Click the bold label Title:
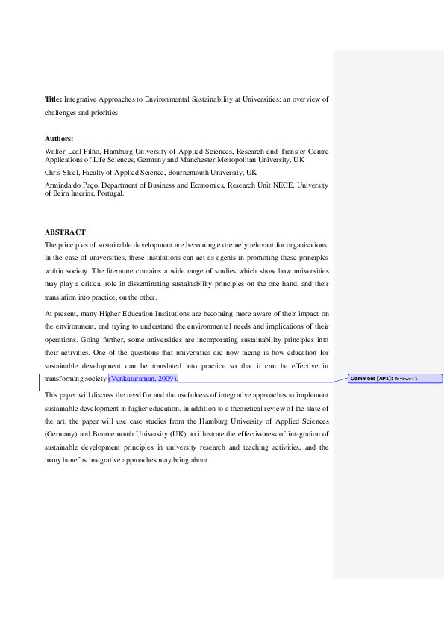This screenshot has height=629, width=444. [x=53, y=99]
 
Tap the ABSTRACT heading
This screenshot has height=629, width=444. [x=65, y=232]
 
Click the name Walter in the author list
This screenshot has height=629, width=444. [x=57, y=151]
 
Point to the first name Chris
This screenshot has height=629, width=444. [x=54, y=172]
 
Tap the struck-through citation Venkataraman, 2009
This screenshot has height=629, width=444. [x=143, y=379]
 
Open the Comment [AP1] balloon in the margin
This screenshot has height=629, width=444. [x=395, y=379]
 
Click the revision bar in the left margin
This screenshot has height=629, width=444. [x=40, y=379]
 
